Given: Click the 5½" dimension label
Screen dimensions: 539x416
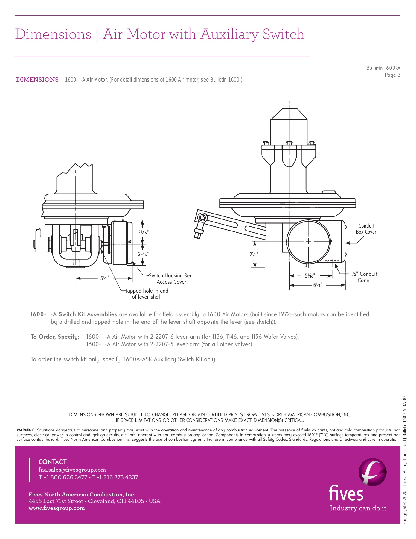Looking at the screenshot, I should [105, 278].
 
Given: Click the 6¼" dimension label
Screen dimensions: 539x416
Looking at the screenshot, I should [317, 285].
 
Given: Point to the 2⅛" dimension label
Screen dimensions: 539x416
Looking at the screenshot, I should [254, 254].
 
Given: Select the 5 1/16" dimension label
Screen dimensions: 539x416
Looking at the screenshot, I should [310, 276].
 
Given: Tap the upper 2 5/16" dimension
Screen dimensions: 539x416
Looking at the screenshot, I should [143, 232].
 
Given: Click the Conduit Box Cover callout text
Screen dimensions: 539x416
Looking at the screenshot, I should [366, 229].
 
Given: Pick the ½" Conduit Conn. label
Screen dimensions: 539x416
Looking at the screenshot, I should [364, 277].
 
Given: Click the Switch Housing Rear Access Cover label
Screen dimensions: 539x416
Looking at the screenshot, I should [171, 278].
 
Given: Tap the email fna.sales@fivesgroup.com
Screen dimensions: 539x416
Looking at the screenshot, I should [72, 470].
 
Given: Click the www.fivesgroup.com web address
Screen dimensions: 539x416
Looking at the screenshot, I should [57, 508].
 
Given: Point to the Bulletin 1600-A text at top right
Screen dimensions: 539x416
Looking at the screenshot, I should [383, 68].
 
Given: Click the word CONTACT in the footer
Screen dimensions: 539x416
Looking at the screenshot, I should [53, 462].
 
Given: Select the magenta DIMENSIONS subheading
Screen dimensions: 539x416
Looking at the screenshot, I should [37, 80].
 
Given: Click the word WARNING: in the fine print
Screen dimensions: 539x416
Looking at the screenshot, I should [26, 430].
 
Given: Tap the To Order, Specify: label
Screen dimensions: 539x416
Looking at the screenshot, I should [55, 337].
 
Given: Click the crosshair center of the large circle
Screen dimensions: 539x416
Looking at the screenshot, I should [308, 241].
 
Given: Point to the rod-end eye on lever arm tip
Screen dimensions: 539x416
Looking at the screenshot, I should [202, 218].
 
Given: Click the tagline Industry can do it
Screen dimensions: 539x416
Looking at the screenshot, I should [358, 508].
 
